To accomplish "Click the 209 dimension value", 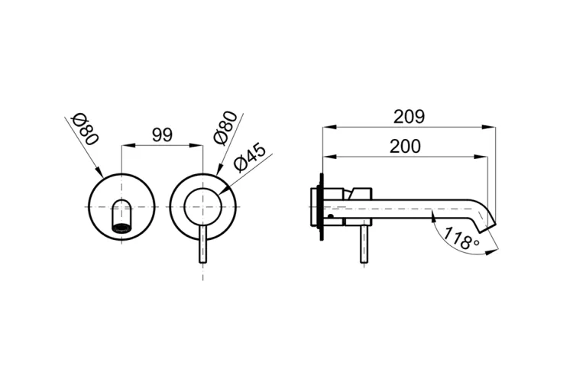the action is [409, 117].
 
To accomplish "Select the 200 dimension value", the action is [405, 147].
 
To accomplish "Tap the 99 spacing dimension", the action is [162, 136].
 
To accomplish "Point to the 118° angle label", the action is [461, 239].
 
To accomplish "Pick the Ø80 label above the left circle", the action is [86, 130].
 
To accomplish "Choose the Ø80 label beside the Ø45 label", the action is [225, 128].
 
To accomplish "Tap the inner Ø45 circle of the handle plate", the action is [202, 189].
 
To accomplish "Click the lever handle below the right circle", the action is [203, 244].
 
